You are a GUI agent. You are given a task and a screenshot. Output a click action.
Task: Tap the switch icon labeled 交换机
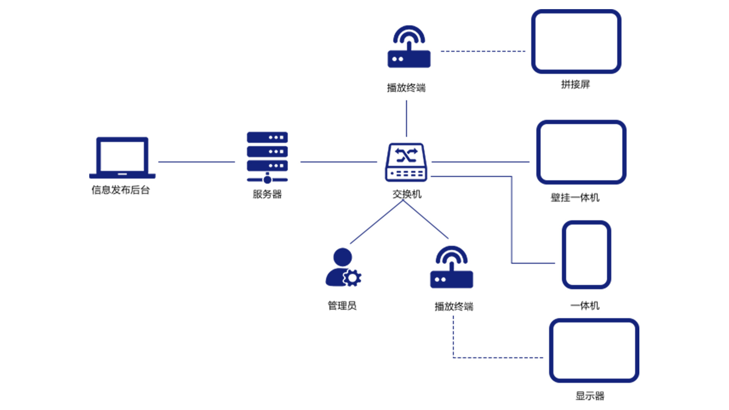pos(406,162)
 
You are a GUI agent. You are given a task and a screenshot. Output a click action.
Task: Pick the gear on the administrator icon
pos(353,278)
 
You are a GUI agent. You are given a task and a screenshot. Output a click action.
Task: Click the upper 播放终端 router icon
pos(409,47)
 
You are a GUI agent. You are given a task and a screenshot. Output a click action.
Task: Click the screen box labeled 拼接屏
pos(576,42)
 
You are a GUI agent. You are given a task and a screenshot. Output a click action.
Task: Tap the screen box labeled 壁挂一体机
pos(581,152)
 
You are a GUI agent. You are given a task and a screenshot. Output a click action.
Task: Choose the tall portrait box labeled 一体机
pos(586,255)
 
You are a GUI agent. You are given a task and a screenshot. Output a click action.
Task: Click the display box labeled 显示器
pos(594,350)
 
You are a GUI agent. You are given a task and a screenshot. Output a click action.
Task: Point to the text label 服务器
pos(267,194)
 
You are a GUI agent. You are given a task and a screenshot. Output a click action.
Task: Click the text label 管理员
pos(342,306)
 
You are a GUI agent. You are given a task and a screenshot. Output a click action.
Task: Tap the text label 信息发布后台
pos(121,190)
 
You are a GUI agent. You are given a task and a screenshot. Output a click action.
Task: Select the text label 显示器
pos(590,396)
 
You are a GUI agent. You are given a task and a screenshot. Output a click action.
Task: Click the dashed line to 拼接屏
pos(483,51)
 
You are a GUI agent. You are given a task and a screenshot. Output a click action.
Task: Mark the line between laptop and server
pos(196,162)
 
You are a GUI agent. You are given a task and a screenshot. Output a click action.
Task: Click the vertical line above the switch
pos(406,118)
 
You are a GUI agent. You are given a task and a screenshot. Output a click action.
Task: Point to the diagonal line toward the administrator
pos(376,222)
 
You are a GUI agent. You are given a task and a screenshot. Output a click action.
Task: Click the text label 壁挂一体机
pos(575,197)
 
